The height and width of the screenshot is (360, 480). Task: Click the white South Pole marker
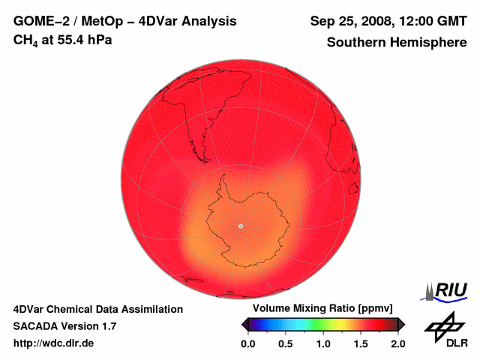pos(241,226)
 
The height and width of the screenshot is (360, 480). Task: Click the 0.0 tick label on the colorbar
pos(248,343)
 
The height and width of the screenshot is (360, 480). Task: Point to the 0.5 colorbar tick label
pos(286,343)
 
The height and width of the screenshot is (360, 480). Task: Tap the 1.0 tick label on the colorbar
pos(323,343)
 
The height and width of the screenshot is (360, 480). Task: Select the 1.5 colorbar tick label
pos(361,343)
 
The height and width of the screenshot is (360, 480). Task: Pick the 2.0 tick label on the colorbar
pos(397,343)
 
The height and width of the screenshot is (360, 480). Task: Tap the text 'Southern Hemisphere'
pos(396,43)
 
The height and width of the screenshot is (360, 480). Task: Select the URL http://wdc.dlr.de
pos(54,343)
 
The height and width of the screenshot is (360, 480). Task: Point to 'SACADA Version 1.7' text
pos(64,326)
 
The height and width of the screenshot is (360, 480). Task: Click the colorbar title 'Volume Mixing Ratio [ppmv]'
pos(323,309)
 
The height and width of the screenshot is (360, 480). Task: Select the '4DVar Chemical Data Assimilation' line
pos(98,309)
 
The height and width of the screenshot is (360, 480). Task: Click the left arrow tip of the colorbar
pos(244,324)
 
